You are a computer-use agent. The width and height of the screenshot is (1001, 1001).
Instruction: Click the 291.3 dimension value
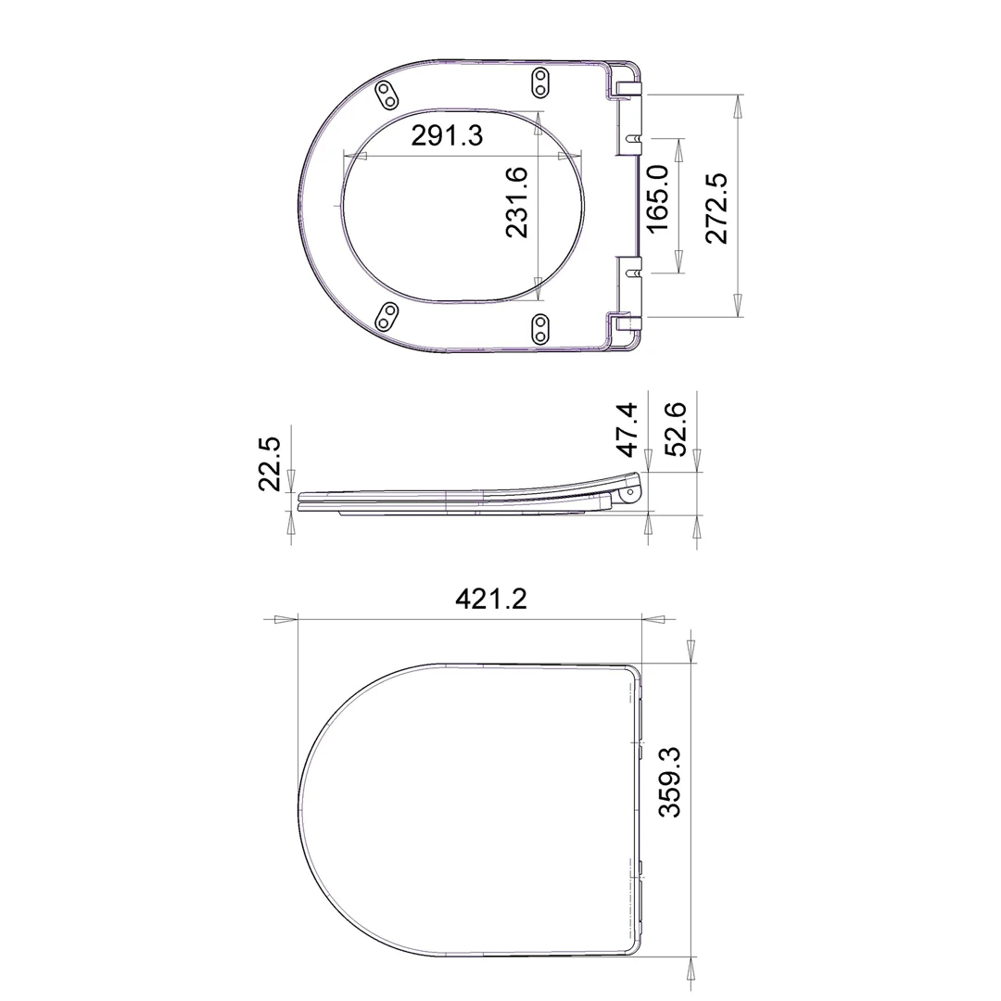click(447, 135)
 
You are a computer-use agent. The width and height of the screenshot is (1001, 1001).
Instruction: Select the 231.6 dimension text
click(517, 202)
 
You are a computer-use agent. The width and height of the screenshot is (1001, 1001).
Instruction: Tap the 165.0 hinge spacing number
click(657, 199)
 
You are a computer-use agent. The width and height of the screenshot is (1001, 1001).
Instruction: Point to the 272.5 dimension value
click(716, 209)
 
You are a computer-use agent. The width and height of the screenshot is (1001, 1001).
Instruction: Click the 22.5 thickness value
click(270, 463)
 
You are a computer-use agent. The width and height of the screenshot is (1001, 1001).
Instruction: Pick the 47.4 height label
click(627, 430)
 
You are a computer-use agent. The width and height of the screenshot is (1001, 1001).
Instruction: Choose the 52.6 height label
click(676, 430)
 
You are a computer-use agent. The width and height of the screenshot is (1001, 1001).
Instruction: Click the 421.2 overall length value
click(491, 599)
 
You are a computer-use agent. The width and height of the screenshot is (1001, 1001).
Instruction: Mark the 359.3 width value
click(670, 782)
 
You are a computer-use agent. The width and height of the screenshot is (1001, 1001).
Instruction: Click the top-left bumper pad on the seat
click(387, 95)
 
